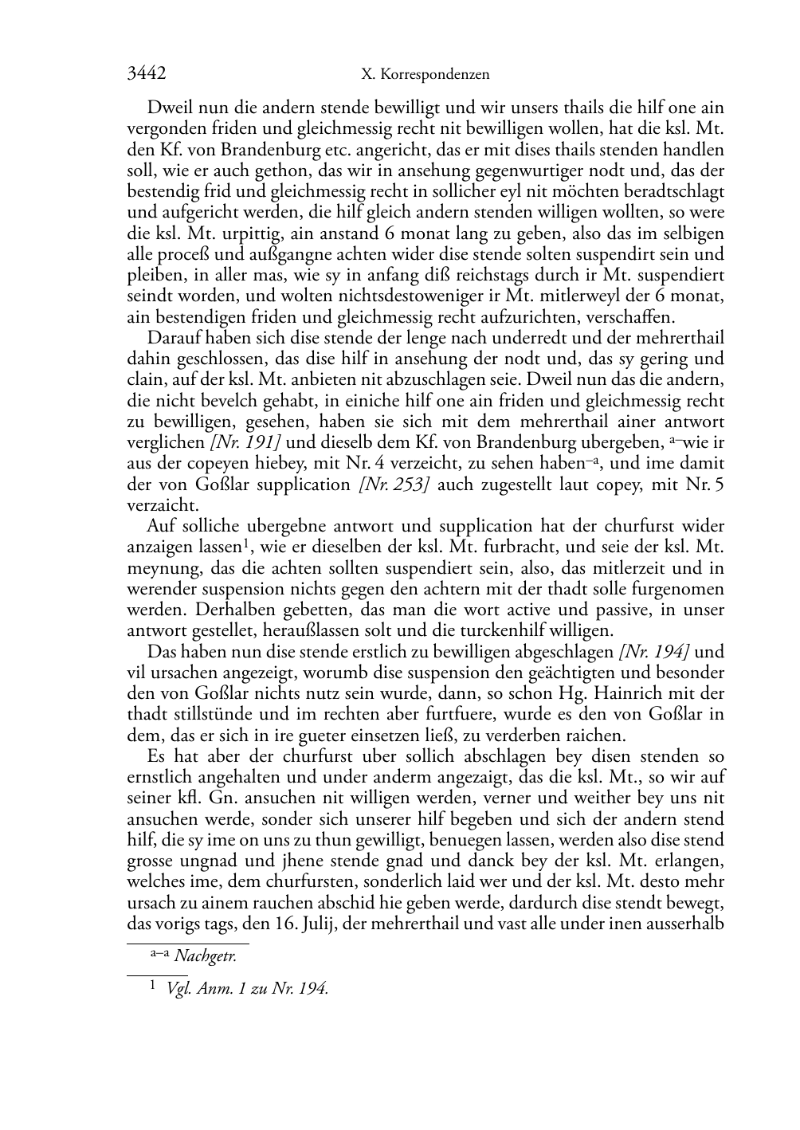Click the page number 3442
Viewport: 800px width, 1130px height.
[147, 74]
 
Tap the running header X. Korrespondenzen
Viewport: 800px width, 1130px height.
[425, 75]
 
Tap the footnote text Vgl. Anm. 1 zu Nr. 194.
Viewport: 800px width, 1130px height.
[247, 989]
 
